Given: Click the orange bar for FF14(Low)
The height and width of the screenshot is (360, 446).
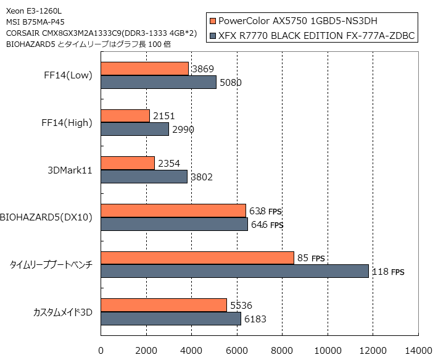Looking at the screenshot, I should click(x=144, y=69).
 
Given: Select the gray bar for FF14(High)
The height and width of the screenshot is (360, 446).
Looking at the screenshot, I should click(x=134, y=129).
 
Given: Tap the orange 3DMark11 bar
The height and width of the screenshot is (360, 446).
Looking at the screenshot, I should click(x=127, y=163).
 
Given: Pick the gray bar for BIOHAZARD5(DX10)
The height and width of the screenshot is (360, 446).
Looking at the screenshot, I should click(x=174, y=224).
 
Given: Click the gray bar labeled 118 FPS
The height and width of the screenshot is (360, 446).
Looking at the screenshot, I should click(x=234, y=271).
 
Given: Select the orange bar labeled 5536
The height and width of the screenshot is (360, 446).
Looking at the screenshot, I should click(x=163, y=305).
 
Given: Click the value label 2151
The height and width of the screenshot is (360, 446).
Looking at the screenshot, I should click(x=163, y=116).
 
